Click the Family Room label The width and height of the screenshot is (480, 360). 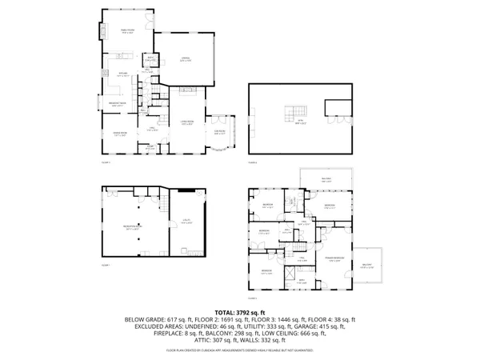(x=126, y=32)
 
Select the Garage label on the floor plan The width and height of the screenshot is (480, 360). (x=185, y=59)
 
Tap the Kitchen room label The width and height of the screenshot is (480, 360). (x=124, y=74)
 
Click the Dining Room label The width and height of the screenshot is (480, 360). (x=121, y=135)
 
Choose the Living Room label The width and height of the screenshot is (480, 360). (x=186, y=123)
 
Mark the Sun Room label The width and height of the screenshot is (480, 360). (x=220, y=132)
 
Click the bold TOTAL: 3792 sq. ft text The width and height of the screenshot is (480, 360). (x=239, y=312)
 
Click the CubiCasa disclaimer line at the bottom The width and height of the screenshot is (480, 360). (x=239, y=350)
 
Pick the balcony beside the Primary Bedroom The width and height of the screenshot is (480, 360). (x=367, y=266)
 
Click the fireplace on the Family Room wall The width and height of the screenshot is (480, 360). (x=102, y=33)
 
